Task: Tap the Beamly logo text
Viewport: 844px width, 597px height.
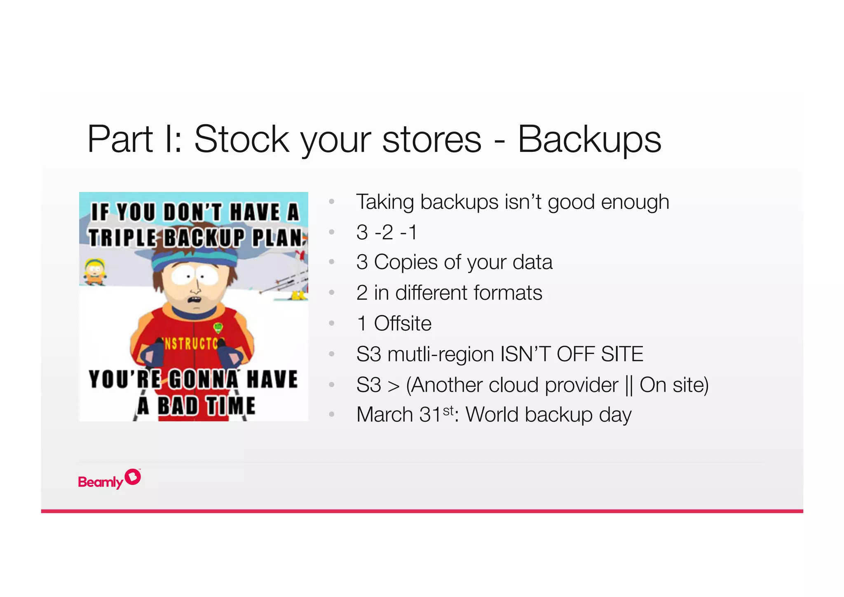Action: [x=101, y=482]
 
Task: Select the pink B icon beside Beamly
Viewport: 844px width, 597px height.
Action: [x=133, y=477]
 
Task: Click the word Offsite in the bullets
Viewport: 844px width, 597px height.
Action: [x=402, y=323]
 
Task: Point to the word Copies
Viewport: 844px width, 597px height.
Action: [x=406, y=262]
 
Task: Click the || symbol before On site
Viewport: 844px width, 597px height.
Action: [x=629, y=385]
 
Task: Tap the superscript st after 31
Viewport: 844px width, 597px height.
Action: [x=448, y=411]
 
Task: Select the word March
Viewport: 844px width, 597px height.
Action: [x=384, y=415]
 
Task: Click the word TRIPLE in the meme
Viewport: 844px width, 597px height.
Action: [x=122, y=238]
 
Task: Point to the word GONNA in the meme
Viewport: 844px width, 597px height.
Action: [x=204, y=380]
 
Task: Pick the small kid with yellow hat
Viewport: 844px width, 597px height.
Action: [x=95, y=272]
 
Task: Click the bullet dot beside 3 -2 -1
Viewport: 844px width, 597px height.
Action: [x=331, y=232]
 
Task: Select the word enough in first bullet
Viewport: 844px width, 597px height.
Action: [x=635, y=202]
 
